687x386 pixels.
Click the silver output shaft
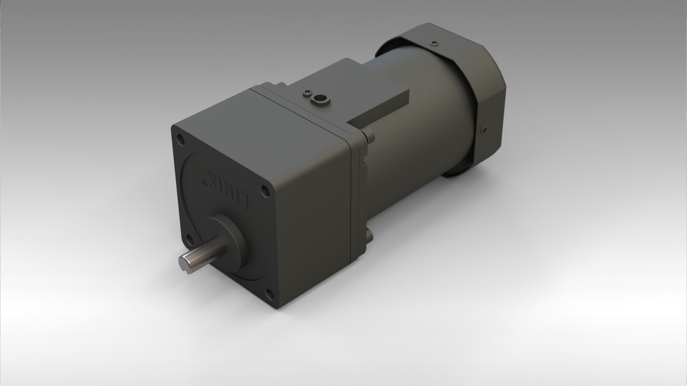198,259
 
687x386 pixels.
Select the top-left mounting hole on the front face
177,138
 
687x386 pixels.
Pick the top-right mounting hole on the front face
265,192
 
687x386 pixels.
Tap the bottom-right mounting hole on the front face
269,292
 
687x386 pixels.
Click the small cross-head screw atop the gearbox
307,93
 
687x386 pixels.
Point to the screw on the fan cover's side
484,130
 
